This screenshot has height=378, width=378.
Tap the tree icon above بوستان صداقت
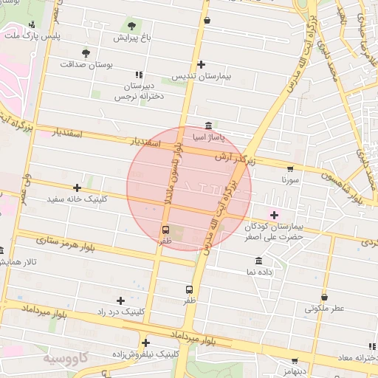(86, 53)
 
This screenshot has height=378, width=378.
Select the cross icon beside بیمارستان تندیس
(202, 65)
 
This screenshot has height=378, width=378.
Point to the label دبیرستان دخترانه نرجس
(139, 91)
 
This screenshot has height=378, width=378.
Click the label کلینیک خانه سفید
(77, 199)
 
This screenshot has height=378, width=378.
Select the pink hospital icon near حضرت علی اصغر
(275, 215)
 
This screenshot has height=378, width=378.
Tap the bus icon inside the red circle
(165, 230)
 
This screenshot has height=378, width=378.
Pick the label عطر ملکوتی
(324, 309)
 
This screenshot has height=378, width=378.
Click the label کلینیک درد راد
(118, 312)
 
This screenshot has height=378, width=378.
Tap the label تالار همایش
(18, 262)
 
